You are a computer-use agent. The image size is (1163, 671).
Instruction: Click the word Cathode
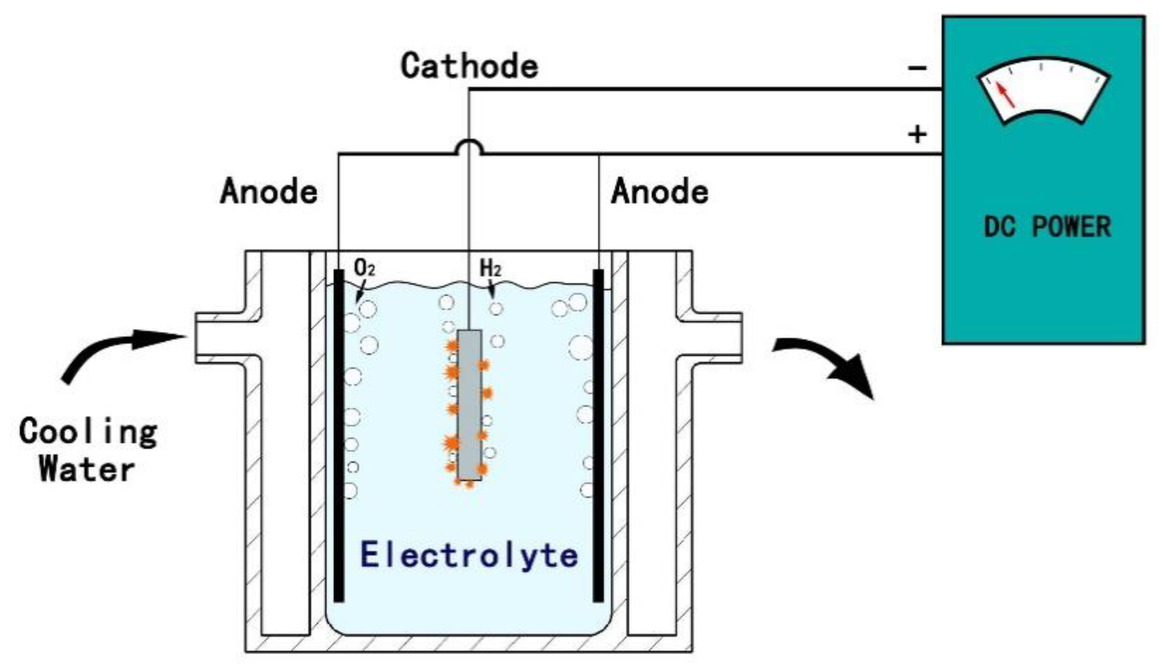[470, 66]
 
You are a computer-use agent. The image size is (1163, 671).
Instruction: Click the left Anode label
[269, 192]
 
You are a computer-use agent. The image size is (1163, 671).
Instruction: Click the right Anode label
[659, 192]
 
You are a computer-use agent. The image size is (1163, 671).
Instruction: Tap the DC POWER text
[1047, 227]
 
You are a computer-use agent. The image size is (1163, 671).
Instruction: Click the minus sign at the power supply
[917, 68]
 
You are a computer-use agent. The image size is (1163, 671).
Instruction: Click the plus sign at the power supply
[917, 135]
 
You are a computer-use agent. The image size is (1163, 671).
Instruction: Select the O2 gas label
[364, 267]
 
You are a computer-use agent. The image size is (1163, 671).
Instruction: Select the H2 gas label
[490, 268]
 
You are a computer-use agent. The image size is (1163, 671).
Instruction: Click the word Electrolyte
[469, 555]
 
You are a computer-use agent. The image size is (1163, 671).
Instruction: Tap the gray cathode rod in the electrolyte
[470, 405]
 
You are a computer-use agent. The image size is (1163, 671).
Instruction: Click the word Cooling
[88, 432]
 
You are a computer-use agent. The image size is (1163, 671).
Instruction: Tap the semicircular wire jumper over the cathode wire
[469, 146]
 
